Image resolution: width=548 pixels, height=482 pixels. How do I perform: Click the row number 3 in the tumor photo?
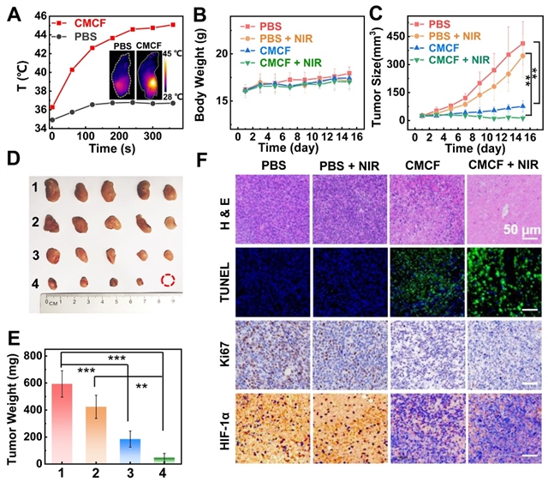tap(36, 255)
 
